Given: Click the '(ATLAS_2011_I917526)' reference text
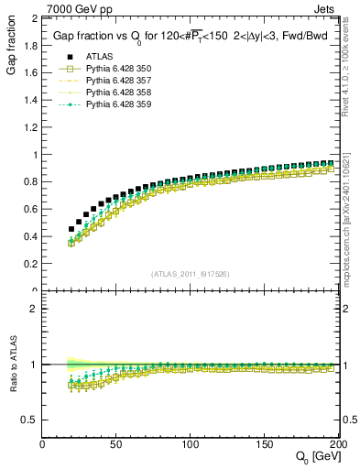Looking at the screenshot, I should [x=191, y=274].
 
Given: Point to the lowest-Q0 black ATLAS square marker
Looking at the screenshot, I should [x=71, y=229].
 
